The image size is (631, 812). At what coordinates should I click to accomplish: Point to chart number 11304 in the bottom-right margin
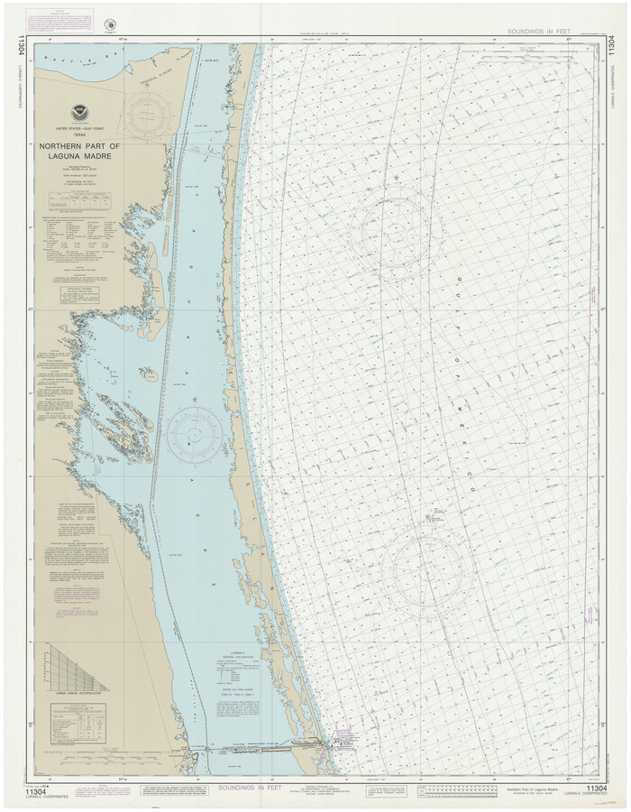point(596,789)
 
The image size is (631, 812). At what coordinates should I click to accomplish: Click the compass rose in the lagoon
point(195,433)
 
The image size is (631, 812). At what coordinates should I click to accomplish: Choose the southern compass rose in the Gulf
point(434,570)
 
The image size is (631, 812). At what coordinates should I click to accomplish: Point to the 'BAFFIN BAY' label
point(72,61)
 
